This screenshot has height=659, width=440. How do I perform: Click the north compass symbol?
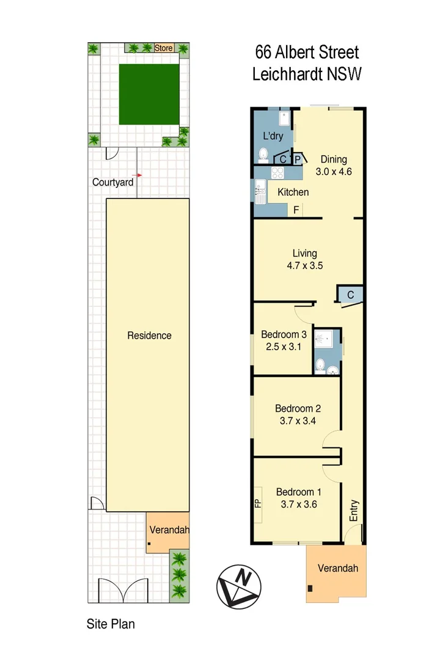tap(239, 586)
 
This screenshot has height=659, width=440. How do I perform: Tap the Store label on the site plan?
tap(164, 48)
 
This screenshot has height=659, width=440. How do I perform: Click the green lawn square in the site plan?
tap(148, 94)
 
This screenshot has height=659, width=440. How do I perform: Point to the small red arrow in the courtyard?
tap(139, 175)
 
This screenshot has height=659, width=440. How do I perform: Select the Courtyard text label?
tap(112, 182)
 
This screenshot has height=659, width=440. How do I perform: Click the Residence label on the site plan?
tap(149, 335)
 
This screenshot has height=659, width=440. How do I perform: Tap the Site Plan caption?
tap(110, 624)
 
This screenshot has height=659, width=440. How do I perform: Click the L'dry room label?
tap(273, 135)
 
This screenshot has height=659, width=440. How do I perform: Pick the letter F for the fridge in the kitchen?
tap(296, 211)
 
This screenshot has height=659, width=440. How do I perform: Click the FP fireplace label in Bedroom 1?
tap(257, 504)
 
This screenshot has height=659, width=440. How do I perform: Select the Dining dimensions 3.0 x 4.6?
tap(334, 171)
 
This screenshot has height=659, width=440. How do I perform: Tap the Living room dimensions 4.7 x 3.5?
tap(304, 265)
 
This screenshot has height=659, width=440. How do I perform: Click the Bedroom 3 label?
tap(284, 334)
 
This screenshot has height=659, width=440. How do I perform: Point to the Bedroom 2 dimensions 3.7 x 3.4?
tap(298, 420)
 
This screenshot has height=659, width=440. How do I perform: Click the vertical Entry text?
tap(354, 510)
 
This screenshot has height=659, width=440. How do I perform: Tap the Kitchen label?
tap(293, 192)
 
